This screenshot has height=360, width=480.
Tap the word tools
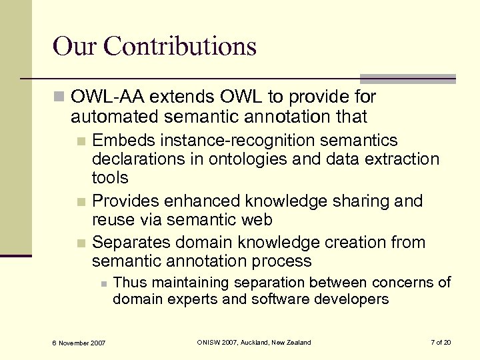point(110,177)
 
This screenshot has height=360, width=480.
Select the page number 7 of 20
point(441,343)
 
